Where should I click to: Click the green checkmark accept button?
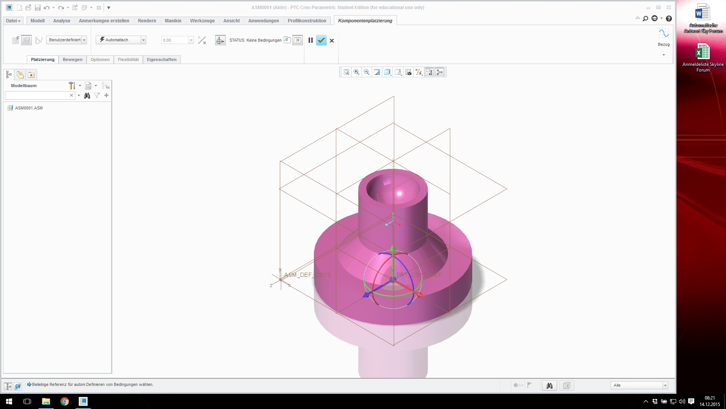click(x=321, y=40)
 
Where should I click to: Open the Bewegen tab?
click(x=72, y=59)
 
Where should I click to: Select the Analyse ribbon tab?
click(x=62, y=21)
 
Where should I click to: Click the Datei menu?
click(x=13, y=21)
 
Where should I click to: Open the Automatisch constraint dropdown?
click(x=143, y=40)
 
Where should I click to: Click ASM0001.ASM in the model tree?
click(x=29, y=108)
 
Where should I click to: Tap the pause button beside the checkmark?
click(x=310, y=40)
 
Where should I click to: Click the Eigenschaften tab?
click(x=161, y=59)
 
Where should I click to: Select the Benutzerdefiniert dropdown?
click(x=67, y=40)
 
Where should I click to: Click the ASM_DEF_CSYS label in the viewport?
click(x=307, y=275)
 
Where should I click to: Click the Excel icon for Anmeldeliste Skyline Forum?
click(x=703, y=52)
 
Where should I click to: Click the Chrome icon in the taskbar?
click(x=65, y=401)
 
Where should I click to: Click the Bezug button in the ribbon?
click(x=664, y=37)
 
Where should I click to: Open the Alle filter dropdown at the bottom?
click(x=639, y=385)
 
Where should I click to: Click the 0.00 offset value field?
click(x=175, y=40)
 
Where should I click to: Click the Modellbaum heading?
click(x=24, y=86)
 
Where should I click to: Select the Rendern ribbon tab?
click(x=147, y=21)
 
